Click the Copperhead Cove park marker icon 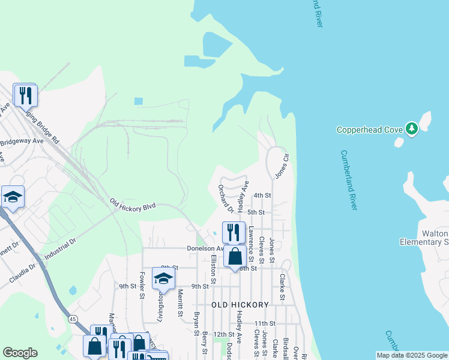[x=411, y=128]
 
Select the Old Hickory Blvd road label [x=133, y=205]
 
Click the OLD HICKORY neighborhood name [x=240, y=305]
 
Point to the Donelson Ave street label [x=205, y=248]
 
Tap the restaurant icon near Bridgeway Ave [x=25, y=95]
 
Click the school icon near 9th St [x=163, y=278]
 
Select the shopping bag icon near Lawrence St [x=235, y=256]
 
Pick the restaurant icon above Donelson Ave [x=234, y=232]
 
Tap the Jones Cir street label [x=282, y=166]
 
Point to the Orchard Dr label [x=226, y=199]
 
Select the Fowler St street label [x=143, y=285]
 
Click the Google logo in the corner [x=20, y=353]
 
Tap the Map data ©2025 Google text [x=412, y=355]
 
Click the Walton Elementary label [x=424, y=238]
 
